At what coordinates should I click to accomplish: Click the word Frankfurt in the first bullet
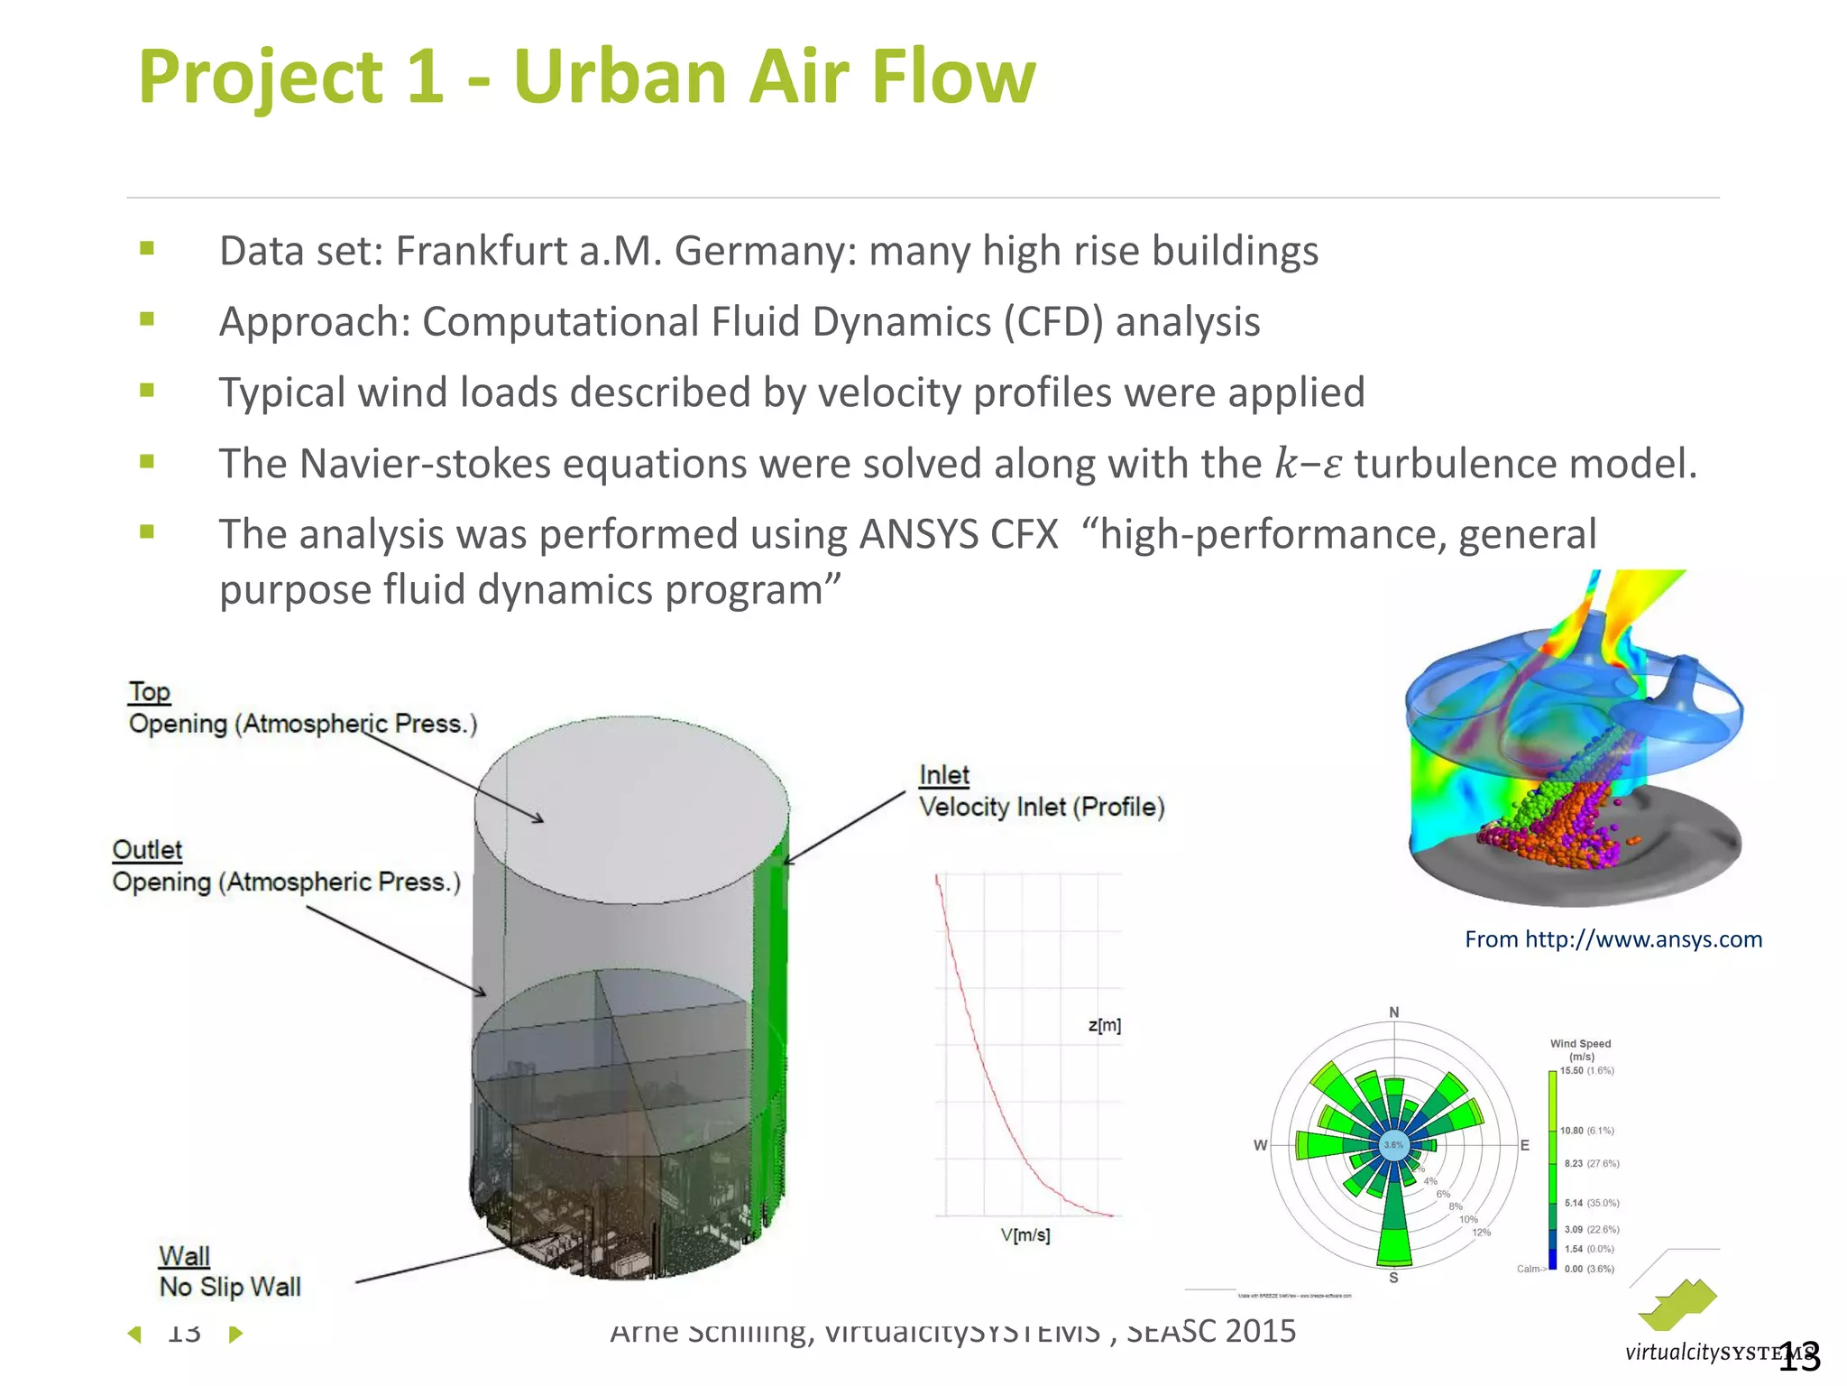pos(481,252)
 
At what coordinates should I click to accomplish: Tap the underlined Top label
pos(149,692)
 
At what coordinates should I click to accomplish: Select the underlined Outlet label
pos(147,850)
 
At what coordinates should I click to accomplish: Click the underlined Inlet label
pos(943,775)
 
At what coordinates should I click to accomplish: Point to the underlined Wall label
pos(184,1256)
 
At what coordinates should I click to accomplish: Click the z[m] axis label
pos(1105,1025)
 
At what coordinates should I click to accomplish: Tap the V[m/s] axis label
pos(1025,1235)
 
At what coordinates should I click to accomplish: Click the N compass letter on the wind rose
pos(1394,1012)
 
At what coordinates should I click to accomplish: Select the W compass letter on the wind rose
pos(1260,1145)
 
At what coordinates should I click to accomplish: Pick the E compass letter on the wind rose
pos(1525,1145)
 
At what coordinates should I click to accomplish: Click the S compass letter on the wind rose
pos(1393,1278)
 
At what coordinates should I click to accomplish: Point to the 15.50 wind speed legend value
pos(1572,1071)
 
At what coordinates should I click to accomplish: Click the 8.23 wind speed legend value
pos(1573,1164)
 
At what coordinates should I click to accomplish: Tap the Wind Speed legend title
pos(1580,1044)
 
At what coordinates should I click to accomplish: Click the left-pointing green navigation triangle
pos(135,1334)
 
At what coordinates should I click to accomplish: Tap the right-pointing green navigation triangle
pos(235,1334)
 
